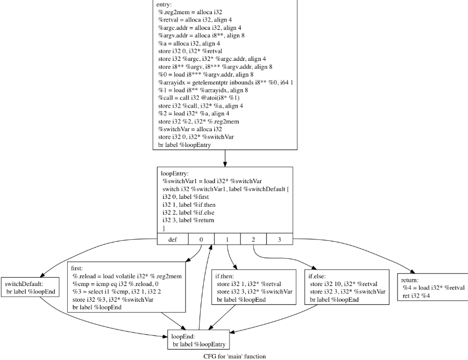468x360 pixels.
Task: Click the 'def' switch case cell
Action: pos(173,239)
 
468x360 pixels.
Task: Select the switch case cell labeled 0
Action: pos(201,239)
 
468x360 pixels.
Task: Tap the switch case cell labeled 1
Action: pos(227,239)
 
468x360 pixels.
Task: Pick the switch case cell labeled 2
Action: pos(253,239)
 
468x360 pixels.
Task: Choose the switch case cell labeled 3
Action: pos(279,239)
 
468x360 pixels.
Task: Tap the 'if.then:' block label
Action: pos(226,276)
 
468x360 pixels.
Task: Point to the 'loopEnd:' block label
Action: pos(183,336)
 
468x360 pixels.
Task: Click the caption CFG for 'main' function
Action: pos(235,356)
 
